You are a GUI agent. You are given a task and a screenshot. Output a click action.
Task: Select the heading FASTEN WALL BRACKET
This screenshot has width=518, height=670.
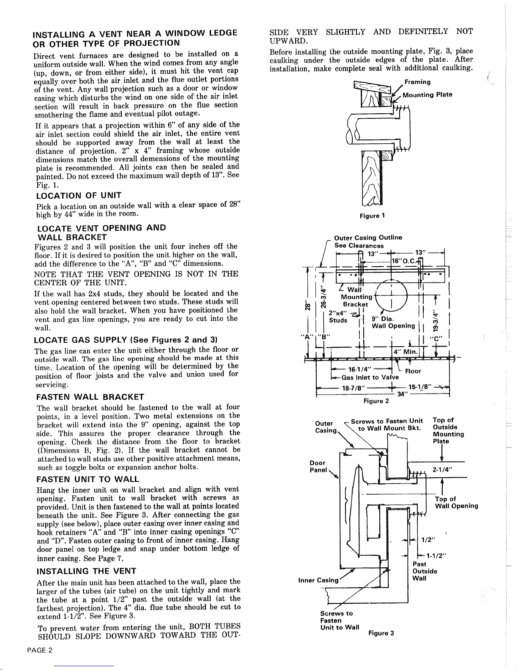(90, 397)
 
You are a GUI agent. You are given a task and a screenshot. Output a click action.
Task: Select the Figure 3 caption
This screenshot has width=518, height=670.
(381, 633)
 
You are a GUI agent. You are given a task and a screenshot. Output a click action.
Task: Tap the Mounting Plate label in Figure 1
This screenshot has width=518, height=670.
(427, 95)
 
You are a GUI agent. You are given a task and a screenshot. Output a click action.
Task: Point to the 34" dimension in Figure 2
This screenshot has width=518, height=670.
(403, 394)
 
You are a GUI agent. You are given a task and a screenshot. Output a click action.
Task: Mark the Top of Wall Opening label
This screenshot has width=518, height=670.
(456, 503)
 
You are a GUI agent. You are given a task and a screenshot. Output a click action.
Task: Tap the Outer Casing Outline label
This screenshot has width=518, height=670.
(368, 238)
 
